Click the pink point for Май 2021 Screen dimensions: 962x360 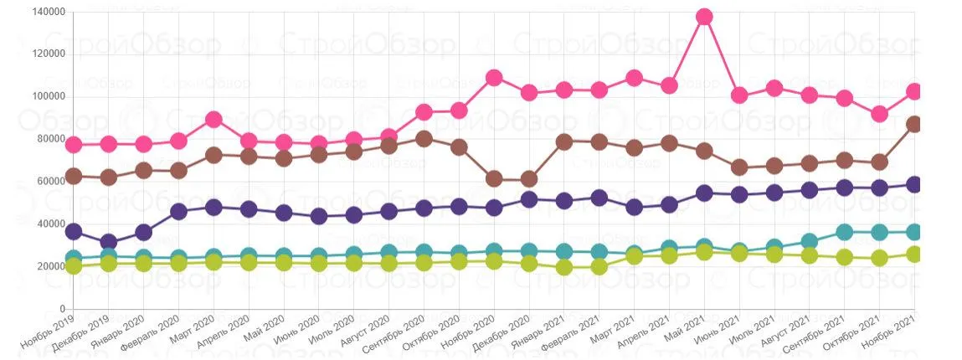coord(704,17)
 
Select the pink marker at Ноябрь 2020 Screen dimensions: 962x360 coord(494,77)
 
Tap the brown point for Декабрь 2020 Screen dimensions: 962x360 coord(529,179)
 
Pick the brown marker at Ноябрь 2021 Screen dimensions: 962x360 coord(914,125)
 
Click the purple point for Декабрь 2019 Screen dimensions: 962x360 coord(109,242)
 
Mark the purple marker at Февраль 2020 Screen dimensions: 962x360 coord(178,212)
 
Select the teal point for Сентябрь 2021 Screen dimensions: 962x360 coord(844,232)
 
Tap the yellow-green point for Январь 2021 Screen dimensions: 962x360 coord(563,267)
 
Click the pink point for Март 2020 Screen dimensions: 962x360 coord(213,120)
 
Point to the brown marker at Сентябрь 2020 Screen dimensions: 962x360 coord(424,139)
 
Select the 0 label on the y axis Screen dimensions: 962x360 coord(63,308)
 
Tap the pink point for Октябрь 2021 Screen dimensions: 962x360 coord(879,114)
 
